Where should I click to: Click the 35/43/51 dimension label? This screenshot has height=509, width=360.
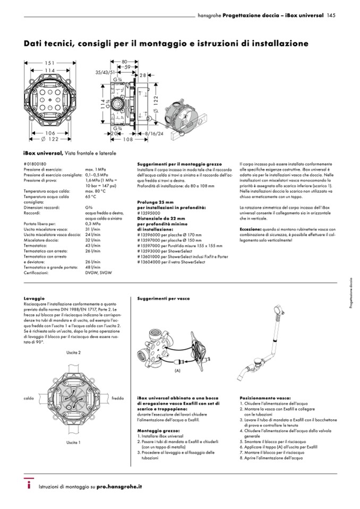click(105, 71)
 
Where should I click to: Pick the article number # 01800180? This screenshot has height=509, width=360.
click(36, 164)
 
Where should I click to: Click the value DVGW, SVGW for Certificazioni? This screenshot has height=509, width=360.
click(99, 272)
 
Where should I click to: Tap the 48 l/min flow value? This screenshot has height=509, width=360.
click(93, 267)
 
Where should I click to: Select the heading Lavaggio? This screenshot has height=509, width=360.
click(33, 299)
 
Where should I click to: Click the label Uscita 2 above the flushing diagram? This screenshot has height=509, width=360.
click(73, 352)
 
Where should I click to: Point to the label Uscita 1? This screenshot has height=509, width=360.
click(73, 442)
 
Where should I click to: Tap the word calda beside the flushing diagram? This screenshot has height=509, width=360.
click(29, 398)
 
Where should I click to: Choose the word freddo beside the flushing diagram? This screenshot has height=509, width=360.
click(118, 398)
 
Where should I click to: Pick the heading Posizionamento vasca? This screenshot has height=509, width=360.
click(265, 397)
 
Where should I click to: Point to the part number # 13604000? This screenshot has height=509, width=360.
click(149, 262)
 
